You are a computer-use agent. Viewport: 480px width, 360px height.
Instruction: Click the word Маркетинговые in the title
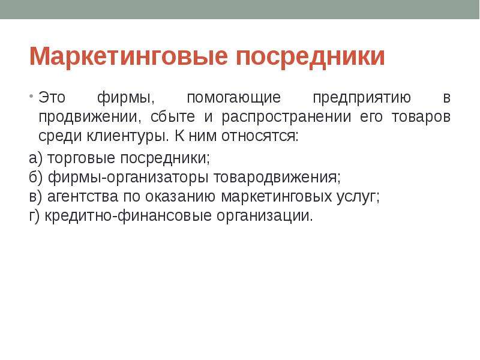tap(128, 56)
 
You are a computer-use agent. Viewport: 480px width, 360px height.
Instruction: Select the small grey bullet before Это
tap(32, 96)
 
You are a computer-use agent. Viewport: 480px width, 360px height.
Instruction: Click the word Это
tap(52, 98)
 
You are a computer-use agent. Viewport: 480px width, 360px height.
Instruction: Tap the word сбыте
tap(173, 116)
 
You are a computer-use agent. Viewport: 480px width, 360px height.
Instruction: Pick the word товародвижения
tap(277, 178)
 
